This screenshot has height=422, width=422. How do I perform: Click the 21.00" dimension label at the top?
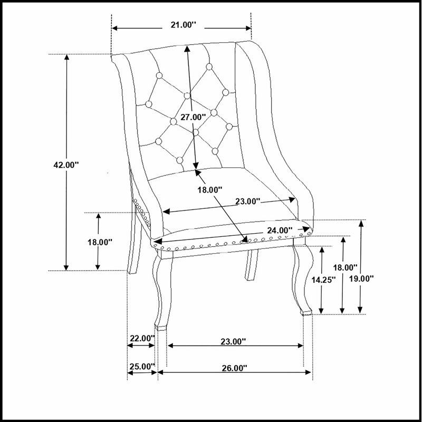(183, 25)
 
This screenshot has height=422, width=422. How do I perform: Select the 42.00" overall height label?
(66, 165)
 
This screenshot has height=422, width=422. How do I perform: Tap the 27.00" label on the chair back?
(193, 117)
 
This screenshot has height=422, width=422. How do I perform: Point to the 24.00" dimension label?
(280, 231)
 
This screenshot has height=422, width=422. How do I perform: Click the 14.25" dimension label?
(323, 280)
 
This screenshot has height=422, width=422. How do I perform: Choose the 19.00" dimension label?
(361, 279)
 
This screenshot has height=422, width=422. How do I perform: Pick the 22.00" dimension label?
(142, 338)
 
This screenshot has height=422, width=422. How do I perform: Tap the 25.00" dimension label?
(142, 367)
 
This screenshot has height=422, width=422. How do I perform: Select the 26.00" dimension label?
(234, 368)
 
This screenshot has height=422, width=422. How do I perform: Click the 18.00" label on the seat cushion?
(210, 190)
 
